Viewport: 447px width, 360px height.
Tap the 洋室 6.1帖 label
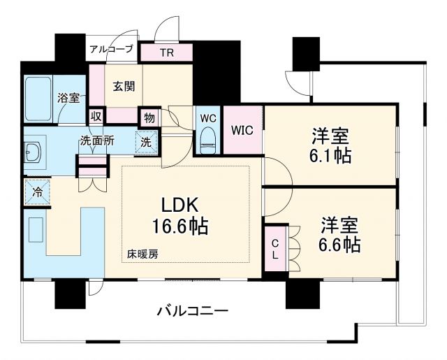330,145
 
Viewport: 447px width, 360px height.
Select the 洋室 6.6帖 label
340,235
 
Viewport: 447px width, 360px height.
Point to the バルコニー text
191,310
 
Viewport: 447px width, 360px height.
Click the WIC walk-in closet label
242,129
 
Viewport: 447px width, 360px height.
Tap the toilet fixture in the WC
207,139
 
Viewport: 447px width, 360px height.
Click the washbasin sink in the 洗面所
32,151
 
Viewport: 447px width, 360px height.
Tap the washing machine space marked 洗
147,141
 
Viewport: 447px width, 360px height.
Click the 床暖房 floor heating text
142,254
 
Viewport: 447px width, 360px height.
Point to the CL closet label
275,249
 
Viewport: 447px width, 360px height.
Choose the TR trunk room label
167,53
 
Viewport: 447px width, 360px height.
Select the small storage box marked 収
96,115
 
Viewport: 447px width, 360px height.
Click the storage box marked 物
148,116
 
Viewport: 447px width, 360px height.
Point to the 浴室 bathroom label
68,99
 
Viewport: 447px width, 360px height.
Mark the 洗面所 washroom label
96,140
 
